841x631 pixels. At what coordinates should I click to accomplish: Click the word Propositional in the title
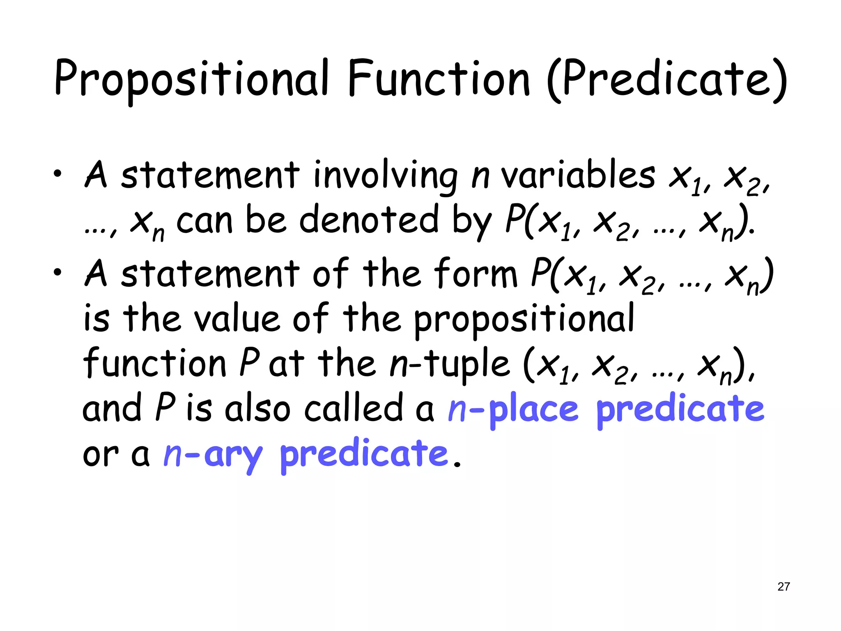[191, 78]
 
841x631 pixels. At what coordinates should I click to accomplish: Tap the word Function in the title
[439, 78]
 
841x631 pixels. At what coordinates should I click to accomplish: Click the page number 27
[784, 587]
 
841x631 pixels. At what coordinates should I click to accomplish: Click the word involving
[385, 176]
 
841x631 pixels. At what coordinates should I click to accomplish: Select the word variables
[578, 176]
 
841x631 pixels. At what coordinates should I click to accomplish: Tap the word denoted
[369, 220]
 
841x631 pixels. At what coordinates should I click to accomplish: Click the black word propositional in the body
[524, 320]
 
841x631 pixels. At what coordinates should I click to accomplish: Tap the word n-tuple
[449, 364]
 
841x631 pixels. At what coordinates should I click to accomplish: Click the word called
[353, 409]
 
